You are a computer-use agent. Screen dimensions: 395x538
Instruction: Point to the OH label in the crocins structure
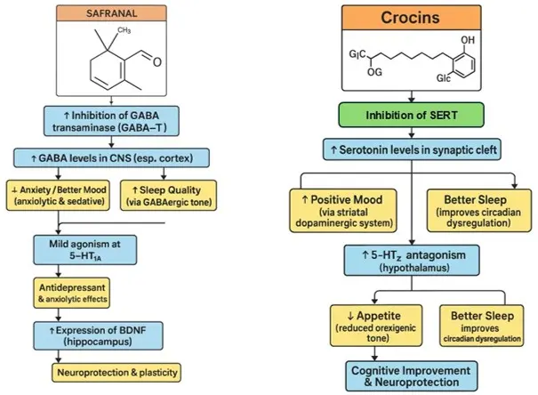(470, 41)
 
